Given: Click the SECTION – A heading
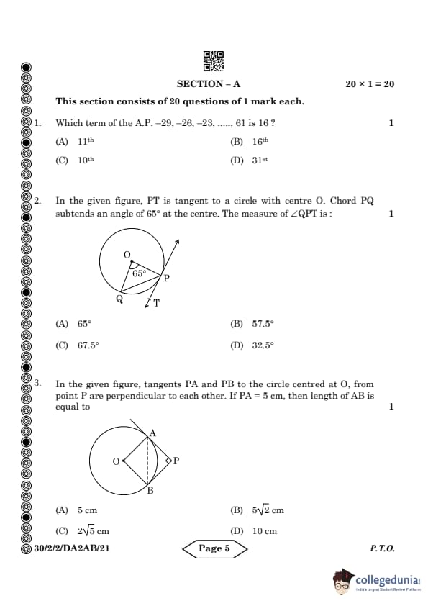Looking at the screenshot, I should coord(209,84).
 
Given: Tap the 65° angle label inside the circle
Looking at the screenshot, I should coord(139,273).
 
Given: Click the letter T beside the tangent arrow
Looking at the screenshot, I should coord(157,303).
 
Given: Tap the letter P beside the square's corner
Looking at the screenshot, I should coord(176,461).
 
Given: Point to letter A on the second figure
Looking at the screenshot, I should coord(152,433).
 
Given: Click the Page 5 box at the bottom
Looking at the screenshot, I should coord(214,548).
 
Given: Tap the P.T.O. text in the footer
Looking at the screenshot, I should coord(382,548).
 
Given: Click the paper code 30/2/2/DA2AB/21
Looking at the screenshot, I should coord(72,548).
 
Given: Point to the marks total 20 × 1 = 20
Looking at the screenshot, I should coord(370,84).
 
